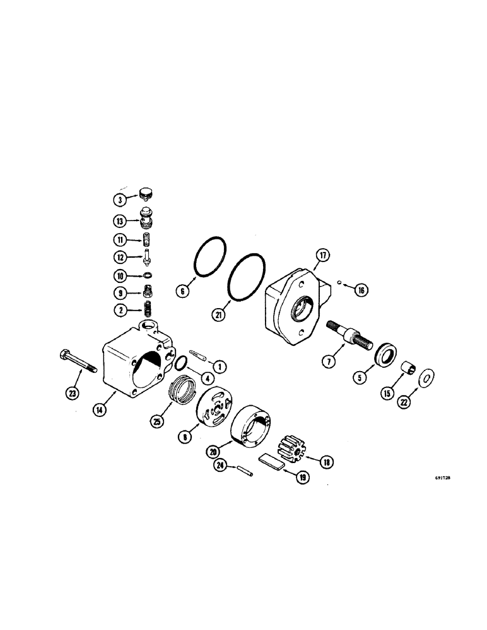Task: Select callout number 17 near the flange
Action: pos(322,256)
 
